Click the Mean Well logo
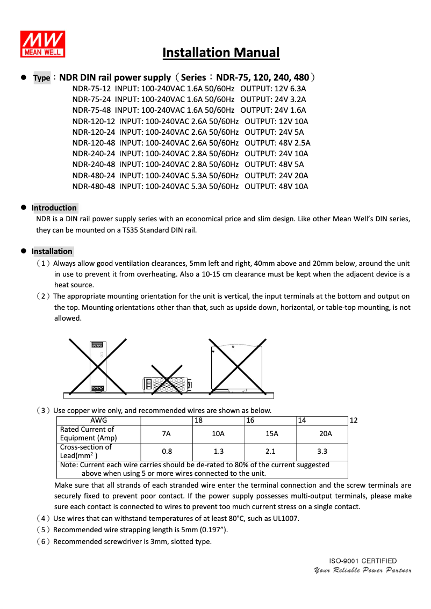43,43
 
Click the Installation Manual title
221,53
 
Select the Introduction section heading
54,208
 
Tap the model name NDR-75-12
91,89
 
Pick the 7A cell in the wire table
166,433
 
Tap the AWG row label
98,421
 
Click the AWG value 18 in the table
198,421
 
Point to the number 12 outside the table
353,421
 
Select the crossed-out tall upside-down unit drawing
97,367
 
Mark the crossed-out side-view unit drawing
236,367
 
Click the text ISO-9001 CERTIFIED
363,561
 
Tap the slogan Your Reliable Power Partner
363,570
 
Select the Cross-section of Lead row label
85,452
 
